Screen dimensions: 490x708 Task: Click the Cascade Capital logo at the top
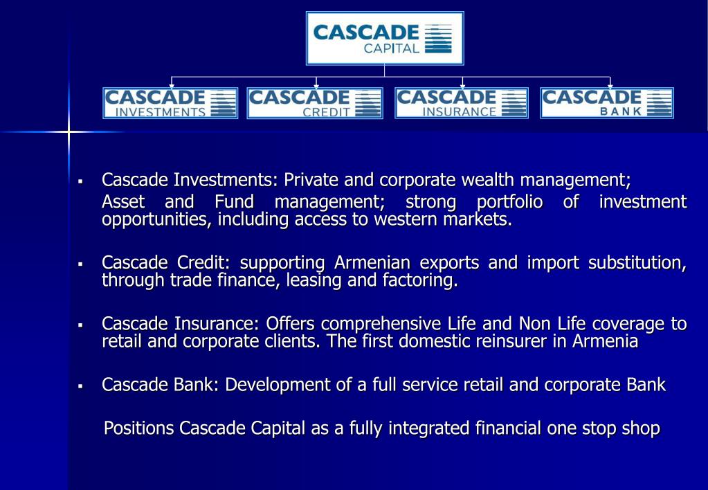(x=385, y=39)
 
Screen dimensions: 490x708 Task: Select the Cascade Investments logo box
(x=170, y=103)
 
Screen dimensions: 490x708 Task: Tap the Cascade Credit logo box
(x=315, y=103)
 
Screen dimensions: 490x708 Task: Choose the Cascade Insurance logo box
(x=462, y=103)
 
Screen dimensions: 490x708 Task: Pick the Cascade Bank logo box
(x=607, y=103)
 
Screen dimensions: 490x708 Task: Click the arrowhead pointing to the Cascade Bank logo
(x=610, y=86)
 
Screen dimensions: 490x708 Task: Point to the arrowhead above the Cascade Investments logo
(x=172, y=86)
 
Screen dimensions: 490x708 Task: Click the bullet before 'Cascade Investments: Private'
(x=81, y=181)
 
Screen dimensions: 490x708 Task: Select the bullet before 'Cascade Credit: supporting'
(x=81, y=264)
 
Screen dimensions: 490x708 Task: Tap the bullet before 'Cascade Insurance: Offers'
(x=81, y=325)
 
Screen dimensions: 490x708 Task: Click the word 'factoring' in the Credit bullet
(x=421, y=281)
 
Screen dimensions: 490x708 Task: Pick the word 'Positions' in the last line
(x=138, y=428)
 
